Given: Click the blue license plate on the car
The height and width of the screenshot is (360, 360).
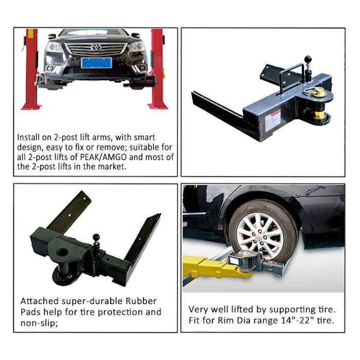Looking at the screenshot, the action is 97,63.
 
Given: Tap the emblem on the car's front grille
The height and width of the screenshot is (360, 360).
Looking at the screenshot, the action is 96,47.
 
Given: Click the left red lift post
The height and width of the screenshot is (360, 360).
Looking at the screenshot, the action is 31,69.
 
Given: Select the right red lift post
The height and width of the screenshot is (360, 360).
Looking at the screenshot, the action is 158,69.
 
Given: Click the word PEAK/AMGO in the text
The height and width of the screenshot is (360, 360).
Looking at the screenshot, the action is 103,157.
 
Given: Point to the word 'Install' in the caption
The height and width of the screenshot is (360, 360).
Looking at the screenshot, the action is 28,137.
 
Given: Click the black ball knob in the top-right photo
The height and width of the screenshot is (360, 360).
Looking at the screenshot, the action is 308,59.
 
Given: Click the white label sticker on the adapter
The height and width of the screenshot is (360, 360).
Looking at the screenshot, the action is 273,120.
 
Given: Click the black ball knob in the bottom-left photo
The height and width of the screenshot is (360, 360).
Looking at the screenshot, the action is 96,237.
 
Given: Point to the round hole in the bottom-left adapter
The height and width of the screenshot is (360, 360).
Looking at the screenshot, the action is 62,252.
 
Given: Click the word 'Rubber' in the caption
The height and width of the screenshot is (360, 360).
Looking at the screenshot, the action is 141,301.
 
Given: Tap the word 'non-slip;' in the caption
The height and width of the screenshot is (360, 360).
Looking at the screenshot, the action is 39,323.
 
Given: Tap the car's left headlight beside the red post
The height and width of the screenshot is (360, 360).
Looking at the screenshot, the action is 53,47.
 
